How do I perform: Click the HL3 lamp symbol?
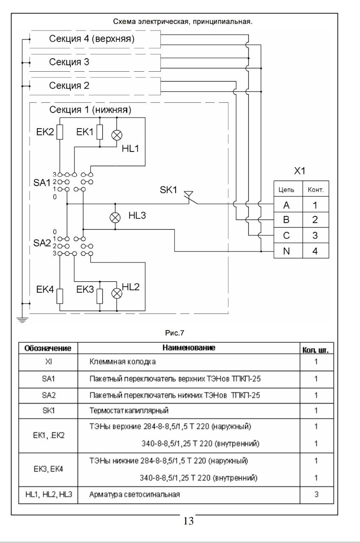[x=115, y=218]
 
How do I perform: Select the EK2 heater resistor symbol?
[x=60, y=132]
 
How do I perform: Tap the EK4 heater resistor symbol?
[x=60, y=296]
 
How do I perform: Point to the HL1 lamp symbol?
[x=117, y=135]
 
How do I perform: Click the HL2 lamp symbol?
[x=117, y=294]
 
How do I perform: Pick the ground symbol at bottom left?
[x=22, y=320]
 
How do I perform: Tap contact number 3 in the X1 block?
[x=315, y=235]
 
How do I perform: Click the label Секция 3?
[x=69, y=62]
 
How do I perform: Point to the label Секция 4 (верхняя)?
[x=92, y=39]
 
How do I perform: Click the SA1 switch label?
[x=42, y=182]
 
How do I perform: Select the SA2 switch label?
[x=42, y=243]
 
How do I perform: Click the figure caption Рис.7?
[x=174, y=333]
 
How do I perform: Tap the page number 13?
[x=188, y=521]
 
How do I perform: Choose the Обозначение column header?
[x=48, y=348]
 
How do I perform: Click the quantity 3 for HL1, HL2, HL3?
[x=316, y=494]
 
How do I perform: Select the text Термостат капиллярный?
[x=129, y=411]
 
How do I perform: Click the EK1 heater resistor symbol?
[x=100, y=132]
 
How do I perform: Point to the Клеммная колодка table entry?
[x=123, y=362]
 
